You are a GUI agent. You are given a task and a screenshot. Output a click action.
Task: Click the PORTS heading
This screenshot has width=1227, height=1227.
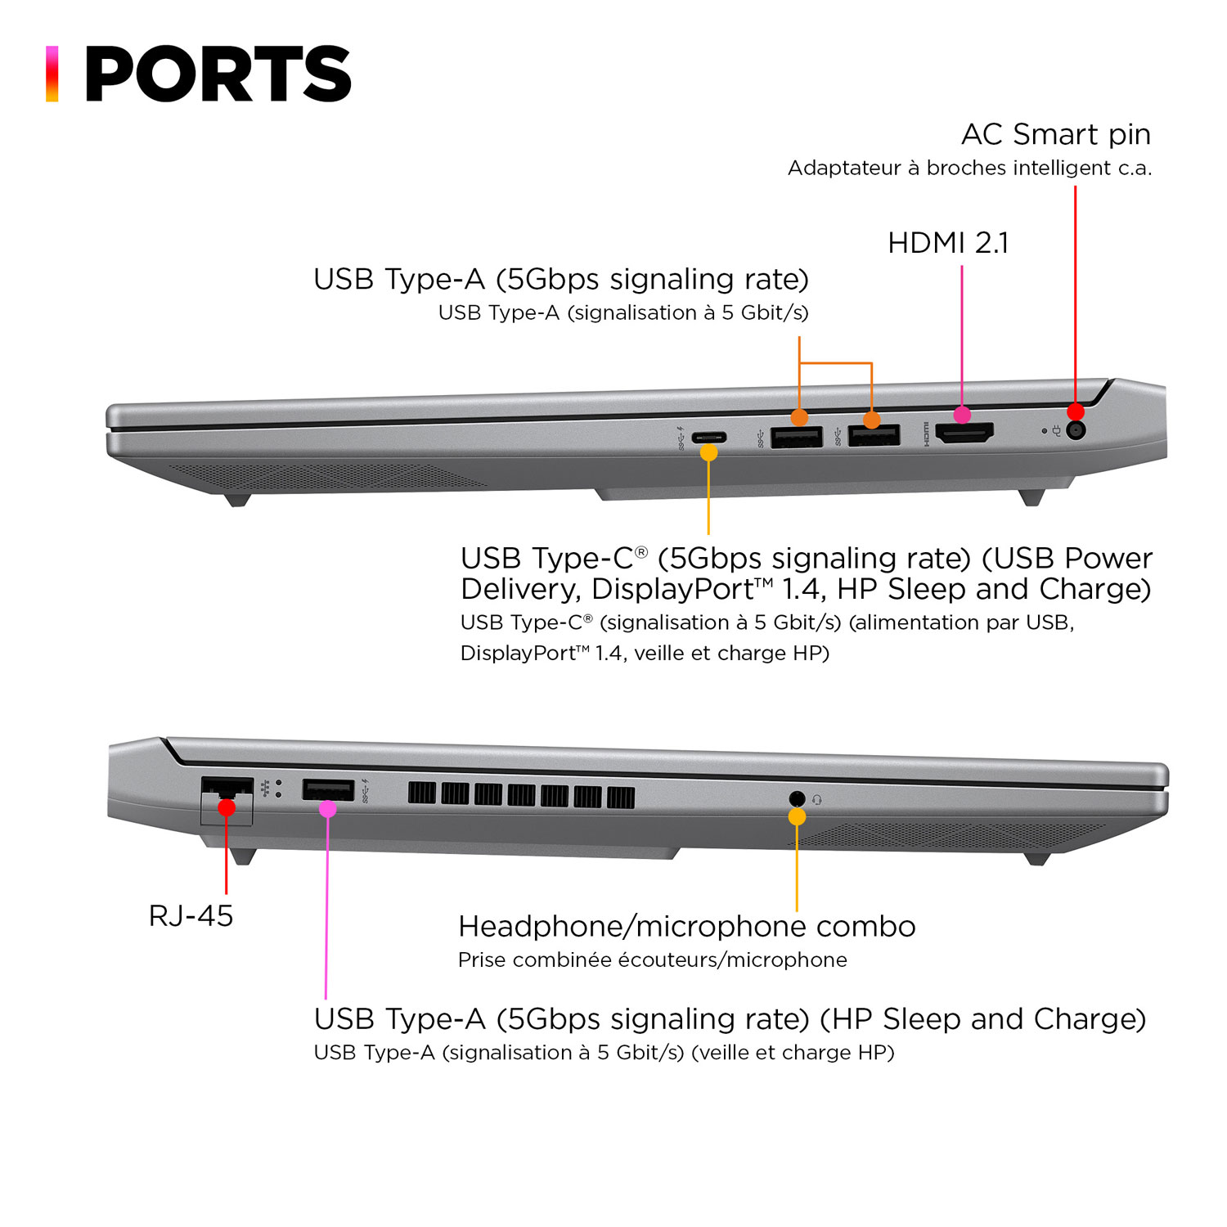coord(218,74)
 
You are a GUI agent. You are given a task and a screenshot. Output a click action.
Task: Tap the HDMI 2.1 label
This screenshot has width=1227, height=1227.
coord(948,243)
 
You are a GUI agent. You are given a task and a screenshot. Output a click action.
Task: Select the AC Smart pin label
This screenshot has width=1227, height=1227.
coord(1055,134)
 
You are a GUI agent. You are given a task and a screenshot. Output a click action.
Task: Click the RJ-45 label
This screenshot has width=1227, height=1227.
coord(191,915)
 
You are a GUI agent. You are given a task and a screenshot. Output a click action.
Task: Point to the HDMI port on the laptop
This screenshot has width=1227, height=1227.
coord(964,434)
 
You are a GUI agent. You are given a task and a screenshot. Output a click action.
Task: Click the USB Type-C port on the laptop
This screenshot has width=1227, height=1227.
coord(708,437)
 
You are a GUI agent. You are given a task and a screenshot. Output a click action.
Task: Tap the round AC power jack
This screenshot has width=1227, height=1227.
coord(1076,430)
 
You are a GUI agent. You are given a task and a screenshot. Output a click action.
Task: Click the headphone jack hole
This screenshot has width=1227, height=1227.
coord(797,798)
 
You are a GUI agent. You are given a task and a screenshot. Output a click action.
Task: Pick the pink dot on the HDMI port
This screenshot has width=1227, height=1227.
coord(962,415)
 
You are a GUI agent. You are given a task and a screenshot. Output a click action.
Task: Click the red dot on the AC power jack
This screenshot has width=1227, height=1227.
coord(1076,411)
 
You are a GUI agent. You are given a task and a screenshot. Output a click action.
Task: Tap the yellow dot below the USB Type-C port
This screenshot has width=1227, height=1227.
coord(708,452)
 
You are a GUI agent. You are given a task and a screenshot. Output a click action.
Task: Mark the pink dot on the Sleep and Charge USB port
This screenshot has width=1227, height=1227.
coord(327,809)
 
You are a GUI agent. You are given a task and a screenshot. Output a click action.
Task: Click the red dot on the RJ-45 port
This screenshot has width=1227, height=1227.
coord(227,808)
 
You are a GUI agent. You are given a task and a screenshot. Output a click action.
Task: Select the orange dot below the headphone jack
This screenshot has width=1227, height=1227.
coord(797,817)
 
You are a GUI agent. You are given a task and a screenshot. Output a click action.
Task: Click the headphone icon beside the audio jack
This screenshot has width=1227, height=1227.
coord(816,799)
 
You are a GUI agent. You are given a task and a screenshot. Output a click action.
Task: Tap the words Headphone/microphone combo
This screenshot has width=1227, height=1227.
coord(686,926)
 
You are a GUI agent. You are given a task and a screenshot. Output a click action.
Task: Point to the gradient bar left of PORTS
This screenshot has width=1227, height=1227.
coord(52,74)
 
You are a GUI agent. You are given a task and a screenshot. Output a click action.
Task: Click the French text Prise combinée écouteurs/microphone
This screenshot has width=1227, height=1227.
coord(652,960)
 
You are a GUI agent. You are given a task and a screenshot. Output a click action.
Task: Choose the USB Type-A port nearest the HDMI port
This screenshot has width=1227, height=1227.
coord(874,436)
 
